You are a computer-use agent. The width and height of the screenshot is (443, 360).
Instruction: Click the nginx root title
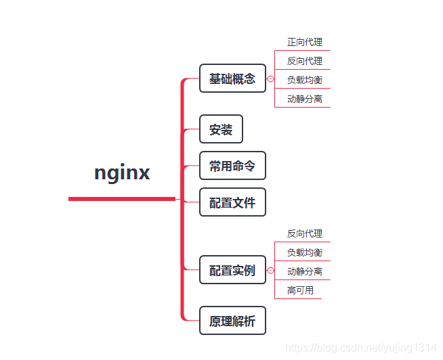[122, 173]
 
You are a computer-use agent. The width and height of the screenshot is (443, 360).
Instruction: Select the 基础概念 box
[232, 78]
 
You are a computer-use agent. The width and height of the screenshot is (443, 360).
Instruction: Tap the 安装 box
[221, 129]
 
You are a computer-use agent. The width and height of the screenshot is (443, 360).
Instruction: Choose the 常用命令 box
[232, 166]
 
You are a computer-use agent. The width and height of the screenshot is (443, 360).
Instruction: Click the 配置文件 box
[232, 202]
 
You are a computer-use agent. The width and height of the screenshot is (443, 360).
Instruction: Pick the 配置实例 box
[232, 271]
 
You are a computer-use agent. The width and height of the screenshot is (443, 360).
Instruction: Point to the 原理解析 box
[232, 321]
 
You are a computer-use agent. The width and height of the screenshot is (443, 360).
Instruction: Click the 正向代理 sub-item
[304, 42]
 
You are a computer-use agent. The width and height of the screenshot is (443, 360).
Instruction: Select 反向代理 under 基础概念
[304, 61]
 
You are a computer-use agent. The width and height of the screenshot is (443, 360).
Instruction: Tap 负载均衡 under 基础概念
[304, 80]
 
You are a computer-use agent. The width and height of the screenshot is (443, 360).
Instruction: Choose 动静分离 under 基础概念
[304, 99]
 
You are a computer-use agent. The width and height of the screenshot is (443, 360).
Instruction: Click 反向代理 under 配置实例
[304, 233]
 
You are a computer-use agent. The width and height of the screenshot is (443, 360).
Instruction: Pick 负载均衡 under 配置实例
[304, 252]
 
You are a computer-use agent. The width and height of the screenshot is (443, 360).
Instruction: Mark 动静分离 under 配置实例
[304, 271]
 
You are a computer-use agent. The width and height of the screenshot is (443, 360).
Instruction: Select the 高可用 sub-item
[300, 290]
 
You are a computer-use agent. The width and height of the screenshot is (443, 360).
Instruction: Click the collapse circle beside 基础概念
[270, 79]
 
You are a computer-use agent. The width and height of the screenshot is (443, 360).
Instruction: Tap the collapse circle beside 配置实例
[270, 271]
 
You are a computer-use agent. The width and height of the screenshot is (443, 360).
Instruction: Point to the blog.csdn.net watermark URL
[361, 348]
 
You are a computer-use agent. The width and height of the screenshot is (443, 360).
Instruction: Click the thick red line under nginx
[122, 199]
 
